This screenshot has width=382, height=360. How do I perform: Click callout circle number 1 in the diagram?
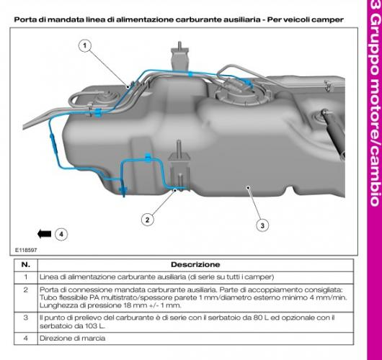click(86, 47)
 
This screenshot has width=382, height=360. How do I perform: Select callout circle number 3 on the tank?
click(262, 225)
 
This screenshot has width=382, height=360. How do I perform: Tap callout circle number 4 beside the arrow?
click(61, 234)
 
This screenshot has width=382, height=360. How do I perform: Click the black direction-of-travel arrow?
click(43, 234)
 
